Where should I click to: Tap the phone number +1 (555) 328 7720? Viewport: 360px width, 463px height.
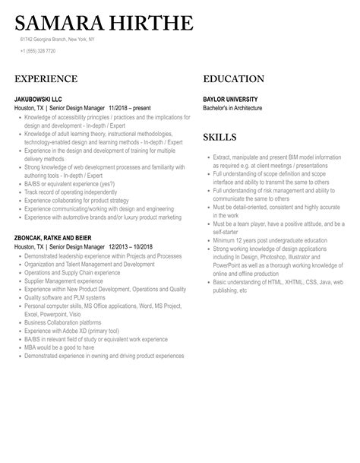pos(38,51)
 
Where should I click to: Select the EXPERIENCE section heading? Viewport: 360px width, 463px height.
pos(46,79)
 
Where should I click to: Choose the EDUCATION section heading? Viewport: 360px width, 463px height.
pos(234,79)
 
